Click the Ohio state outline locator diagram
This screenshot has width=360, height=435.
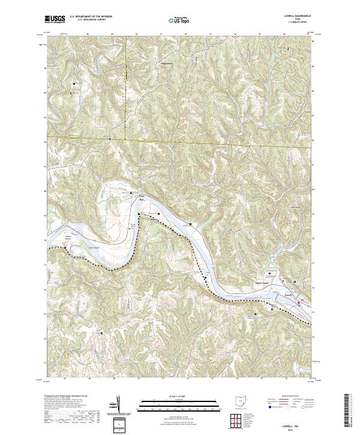pos(241,400)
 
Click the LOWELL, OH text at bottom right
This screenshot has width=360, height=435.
pos(295,422)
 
